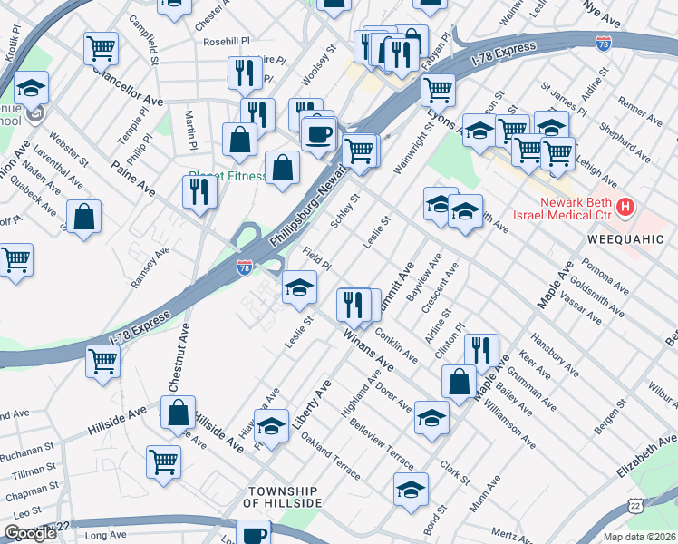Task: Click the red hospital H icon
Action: [x=625, y=209]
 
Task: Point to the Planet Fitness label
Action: [x=225, y=177]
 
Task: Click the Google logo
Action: [x=30, y=533]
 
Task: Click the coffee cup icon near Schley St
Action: [x=317, y=136]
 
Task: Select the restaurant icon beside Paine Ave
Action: [x=197, y=191]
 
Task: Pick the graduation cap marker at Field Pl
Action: [x=299, y=288]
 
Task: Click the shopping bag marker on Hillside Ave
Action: [x=179, y=412]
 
